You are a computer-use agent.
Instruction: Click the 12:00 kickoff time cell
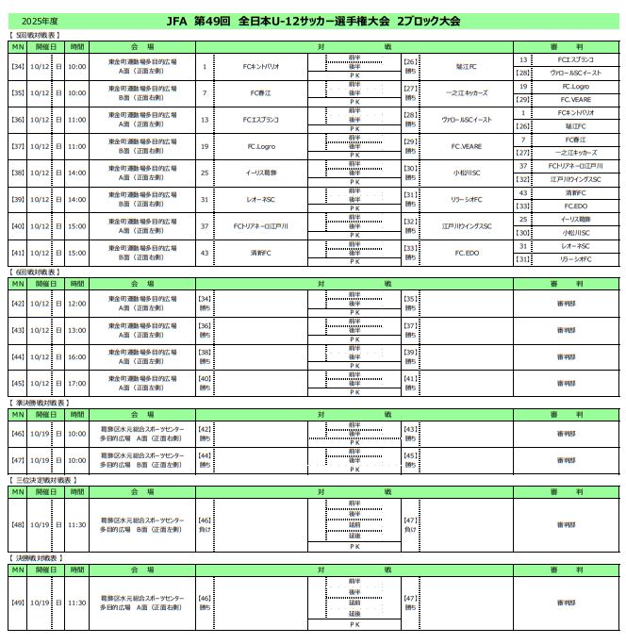click(x=76, y=304)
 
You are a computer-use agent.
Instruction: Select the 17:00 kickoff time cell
click(x=76, y=383)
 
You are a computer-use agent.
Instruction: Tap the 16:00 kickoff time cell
click(x=76, y=356)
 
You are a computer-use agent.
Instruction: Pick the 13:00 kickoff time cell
click(x=76, y=330)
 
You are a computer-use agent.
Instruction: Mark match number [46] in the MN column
click(x=18, y=434)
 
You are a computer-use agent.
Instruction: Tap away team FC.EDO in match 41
click(x=467, y=253)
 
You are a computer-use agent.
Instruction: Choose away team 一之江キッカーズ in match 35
click(x=467, y=93)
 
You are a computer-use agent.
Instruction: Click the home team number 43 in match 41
click(x=205, y=253)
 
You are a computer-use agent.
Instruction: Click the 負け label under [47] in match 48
click(x=410, y=530)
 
